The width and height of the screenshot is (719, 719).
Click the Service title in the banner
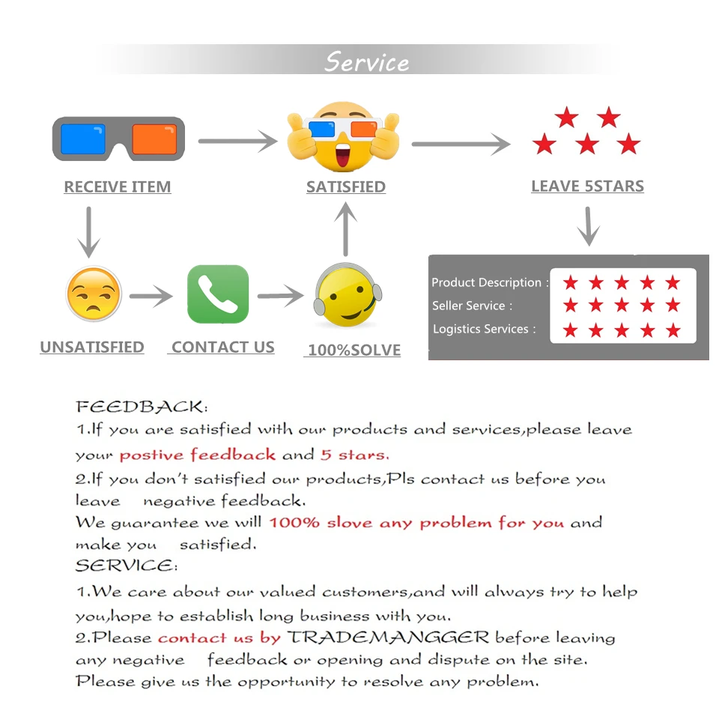pos(366,61)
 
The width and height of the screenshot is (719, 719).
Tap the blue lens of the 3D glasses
pos(83,139)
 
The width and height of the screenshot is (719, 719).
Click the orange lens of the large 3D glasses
pos(154,139)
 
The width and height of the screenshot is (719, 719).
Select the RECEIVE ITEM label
pos(118,187)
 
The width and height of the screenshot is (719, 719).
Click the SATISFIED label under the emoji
pos(346,187)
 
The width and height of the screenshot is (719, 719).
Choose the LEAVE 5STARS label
pos(587,186)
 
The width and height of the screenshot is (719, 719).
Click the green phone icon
pos(218,294)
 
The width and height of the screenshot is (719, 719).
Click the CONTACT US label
pos(222,348)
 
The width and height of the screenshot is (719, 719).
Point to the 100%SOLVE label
pos(354,351)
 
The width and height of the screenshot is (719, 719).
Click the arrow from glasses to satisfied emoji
pos(238,140)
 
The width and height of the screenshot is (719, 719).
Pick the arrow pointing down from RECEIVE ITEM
pos(89,231)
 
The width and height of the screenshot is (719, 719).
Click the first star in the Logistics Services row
pos(571,330)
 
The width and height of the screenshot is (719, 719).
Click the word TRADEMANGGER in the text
pos(389,638)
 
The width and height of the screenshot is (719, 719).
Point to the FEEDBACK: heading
pos(142,407)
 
